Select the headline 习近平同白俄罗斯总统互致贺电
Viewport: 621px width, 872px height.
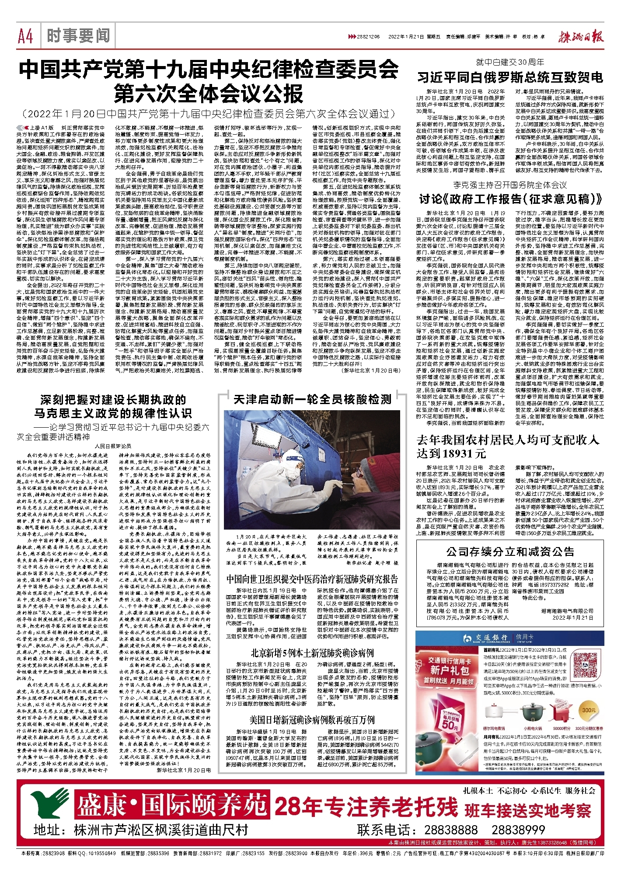510,78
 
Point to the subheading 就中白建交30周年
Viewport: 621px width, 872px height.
510,63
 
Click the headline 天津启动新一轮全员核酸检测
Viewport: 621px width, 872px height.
312,399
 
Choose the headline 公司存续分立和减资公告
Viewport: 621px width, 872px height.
510,551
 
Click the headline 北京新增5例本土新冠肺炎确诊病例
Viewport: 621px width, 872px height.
312,653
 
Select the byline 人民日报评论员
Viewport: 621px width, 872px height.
113,446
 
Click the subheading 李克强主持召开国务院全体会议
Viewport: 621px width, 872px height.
510,185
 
